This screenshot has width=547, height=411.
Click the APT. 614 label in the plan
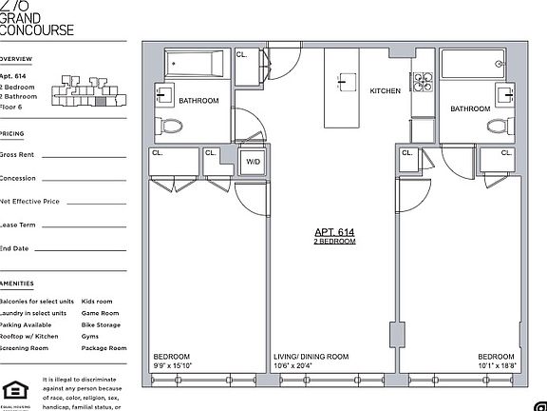point(334,232)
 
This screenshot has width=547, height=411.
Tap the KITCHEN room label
point(385,91)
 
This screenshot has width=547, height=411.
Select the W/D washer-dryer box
point(254,163)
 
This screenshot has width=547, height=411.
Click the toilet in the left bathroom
point(170,126)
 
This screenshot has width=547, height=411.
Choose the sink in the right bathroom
point(502,93)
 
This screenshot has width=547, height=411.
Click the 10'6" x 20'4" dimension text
point(291,366)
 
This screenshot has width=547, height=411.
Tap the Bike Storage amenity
point(102,324)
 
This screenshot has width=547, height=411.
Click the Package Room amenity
point(104,348)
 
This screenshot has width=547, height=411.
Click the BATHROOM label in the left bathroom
point(199,101)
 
